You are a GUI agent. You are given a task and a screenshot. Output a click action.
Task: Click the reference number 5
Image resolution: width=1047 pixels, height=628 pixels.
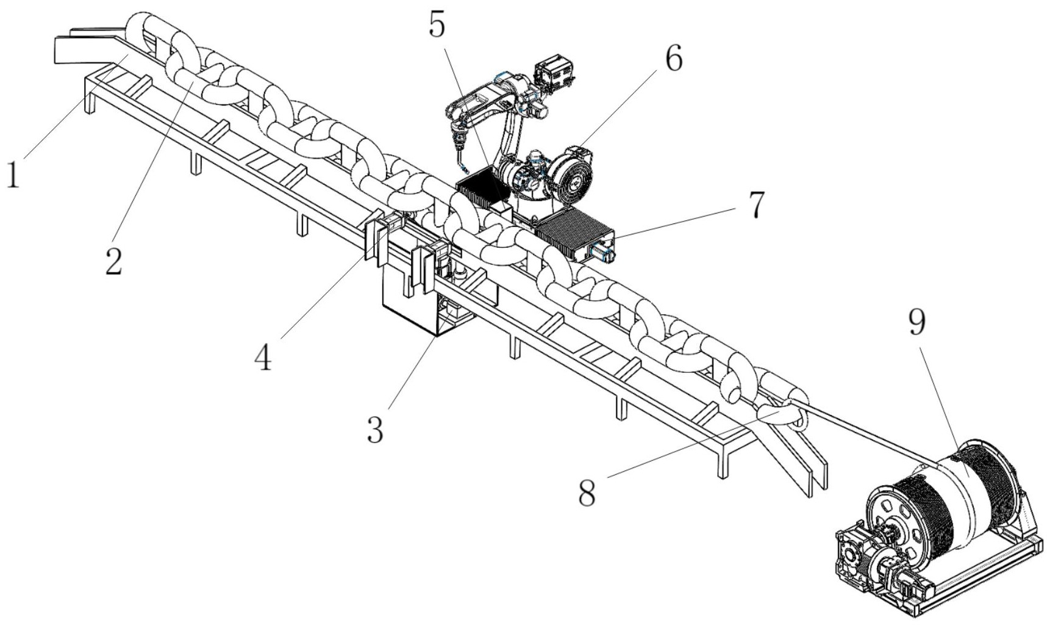[437, 25]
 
